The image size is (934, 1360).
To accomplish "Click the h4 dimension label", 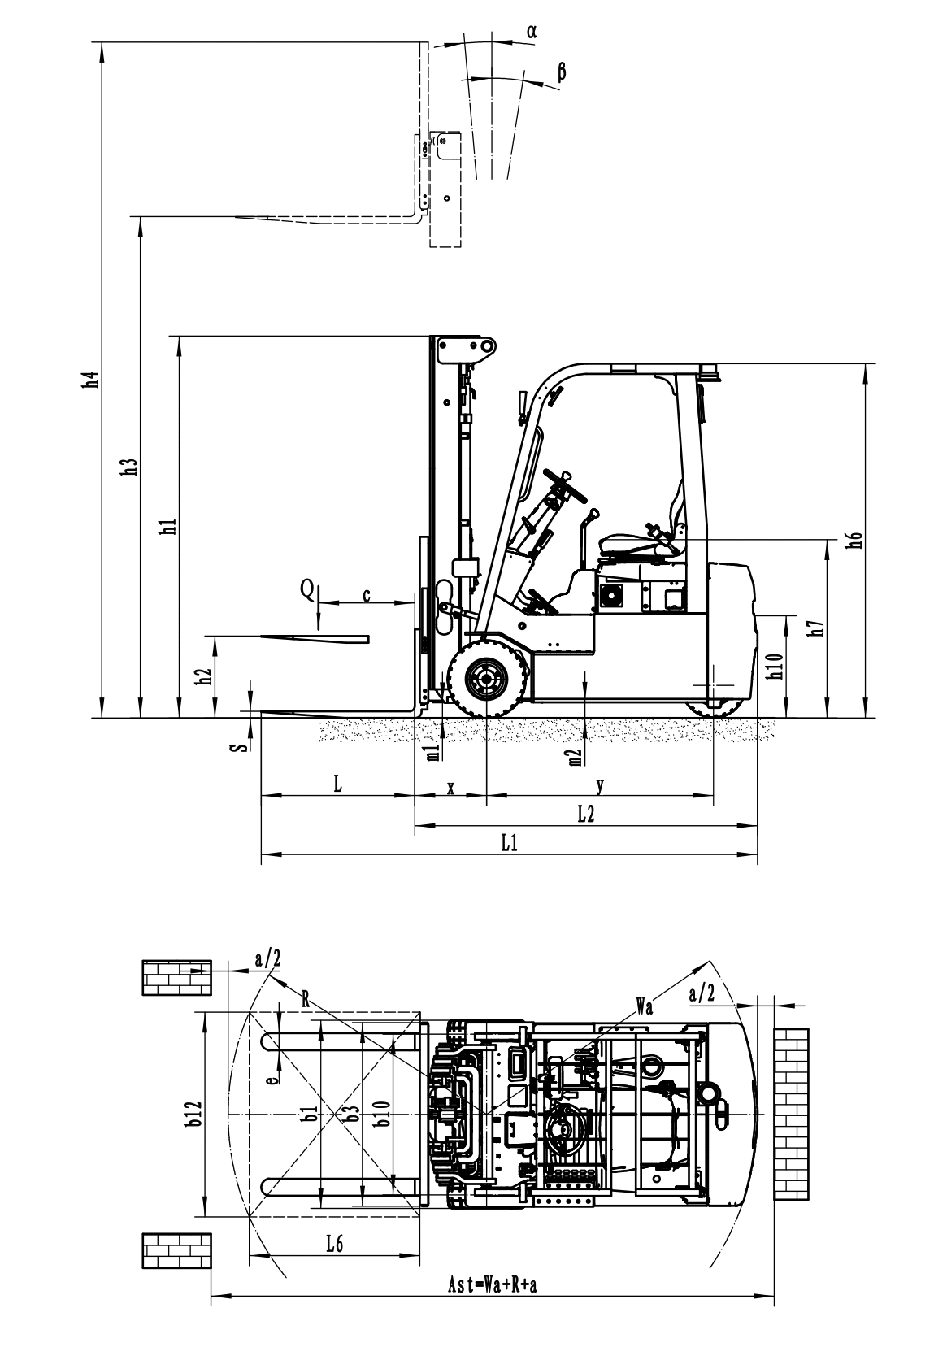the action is click(92, 380).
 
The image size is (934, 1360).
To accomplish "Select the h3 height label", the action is click(132, 467).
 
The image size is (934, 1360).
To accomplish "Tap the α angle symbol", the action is click(532, 32).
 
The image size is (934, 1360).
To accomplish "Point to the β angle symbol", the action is click(562, 72).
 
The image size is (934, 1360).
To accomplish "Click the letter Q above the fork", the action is click(308, 589).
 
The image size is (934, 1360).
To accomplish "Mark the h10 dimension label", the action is click(775, 666).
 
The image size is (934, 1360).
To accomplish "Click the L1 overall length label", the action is click(509, 843).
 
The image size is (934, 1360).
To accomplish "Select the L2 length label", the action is click(585, 815).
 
